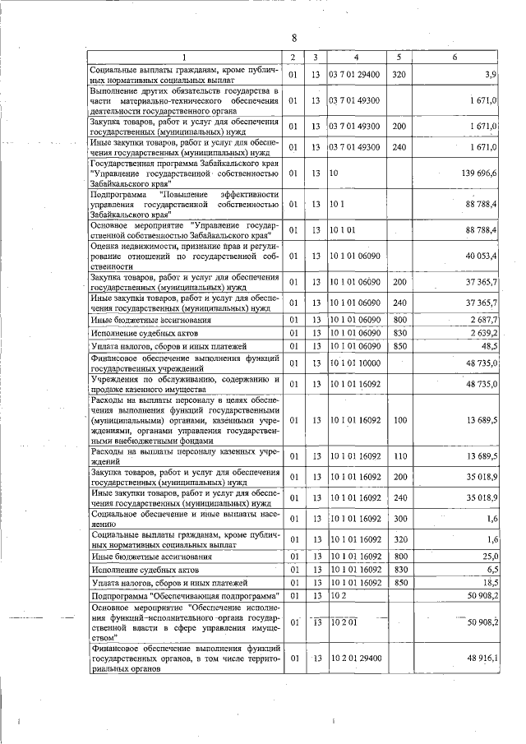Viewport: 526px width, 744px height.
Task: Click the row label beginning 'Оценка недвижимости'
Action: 185,256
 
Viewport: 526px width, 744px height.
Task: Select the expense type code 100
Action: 399,420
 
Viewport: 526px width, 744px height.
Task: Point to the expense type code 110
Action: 399,456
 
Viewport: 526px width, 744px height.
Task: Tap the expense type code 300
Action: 399,519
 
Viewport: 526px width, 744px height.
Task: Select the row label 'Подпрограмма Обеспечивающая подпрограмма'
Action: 185,594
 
